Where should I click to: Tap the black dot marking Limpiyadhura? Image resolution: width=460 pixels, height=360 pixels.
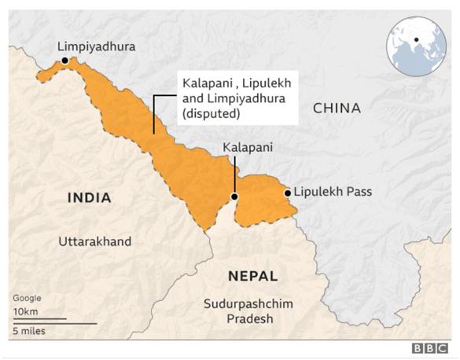pos(64,60)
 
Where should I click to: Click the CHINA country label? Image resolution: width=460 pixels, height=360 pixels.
pos(337,108)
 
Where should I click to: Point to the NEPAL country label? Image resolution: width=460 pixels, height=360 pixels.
pos(252,276)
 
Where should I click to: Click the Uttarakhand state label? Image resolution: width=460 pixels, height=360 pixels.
pos(95,241)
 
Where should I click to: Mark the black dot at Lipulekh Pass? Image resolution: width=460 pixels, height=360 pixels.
pos(288,193)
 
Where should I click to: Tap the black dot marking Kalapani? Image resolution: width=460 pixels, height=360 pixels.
pos(234,197)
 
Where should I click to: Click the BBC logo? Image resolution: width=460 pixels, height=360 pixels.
pos(430,347)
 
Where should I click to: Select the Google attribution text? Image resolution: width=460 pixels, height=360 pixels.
pos(27,298)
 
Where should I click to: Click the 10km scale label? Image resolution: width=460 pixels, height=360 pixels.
pos(26,311)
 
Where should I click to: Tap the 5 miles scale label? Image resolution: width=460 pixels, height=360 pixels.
pos(28,331)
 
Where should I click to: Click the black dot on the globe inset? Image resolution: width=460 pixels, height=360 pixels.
pos(414,39)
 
